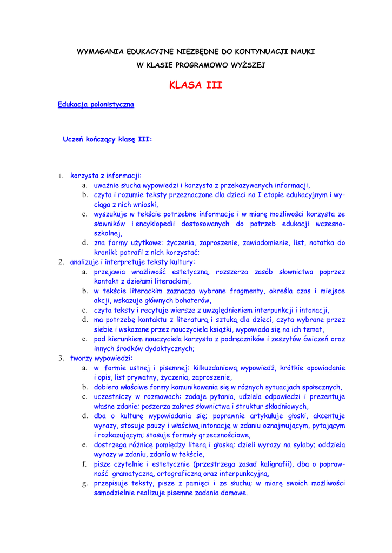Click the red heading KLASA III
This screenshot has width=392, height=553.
(x=196, y=85)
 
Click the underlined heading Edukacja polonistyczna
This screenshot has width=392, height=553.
(x=96, y=104)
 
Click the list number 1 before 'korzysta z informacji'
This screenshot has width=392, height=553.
(x=61, y=176)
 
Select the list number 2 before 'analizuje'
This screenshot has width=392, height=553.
(x=61, y=262)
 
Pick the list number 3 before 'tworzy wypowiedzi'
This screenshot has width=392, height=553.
(x=61, y=358)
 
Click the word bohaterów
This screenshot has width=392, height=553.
(x=192, y=300)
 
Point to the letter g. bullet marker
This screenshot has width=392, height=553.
(x=85, y=483)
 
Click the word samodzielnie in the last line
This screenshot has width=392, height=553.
(x=116, y=493)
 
